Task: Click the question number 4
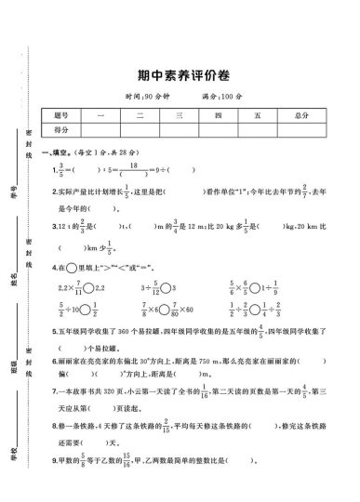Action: pyautogui.click(x=56, y=267)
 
